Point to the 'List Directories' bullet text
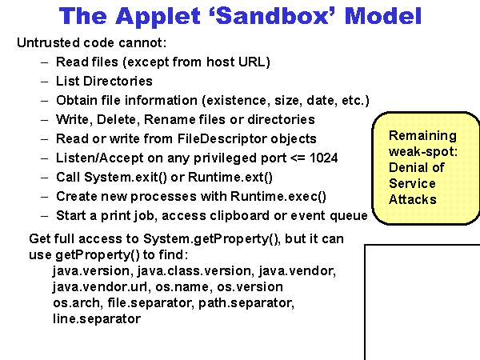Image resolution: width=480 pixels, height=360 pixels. pos(104,81)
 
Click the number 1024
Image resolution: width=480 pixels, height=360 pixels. pos(322,158)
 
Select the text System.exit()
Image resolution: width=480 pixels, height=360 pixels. pos(125,177)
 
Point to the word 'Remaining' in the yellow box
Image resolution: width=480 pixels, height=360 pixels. pos(422,135)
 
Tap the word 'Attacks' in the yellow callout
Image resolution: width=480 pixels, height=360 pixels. pos(413,199)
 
